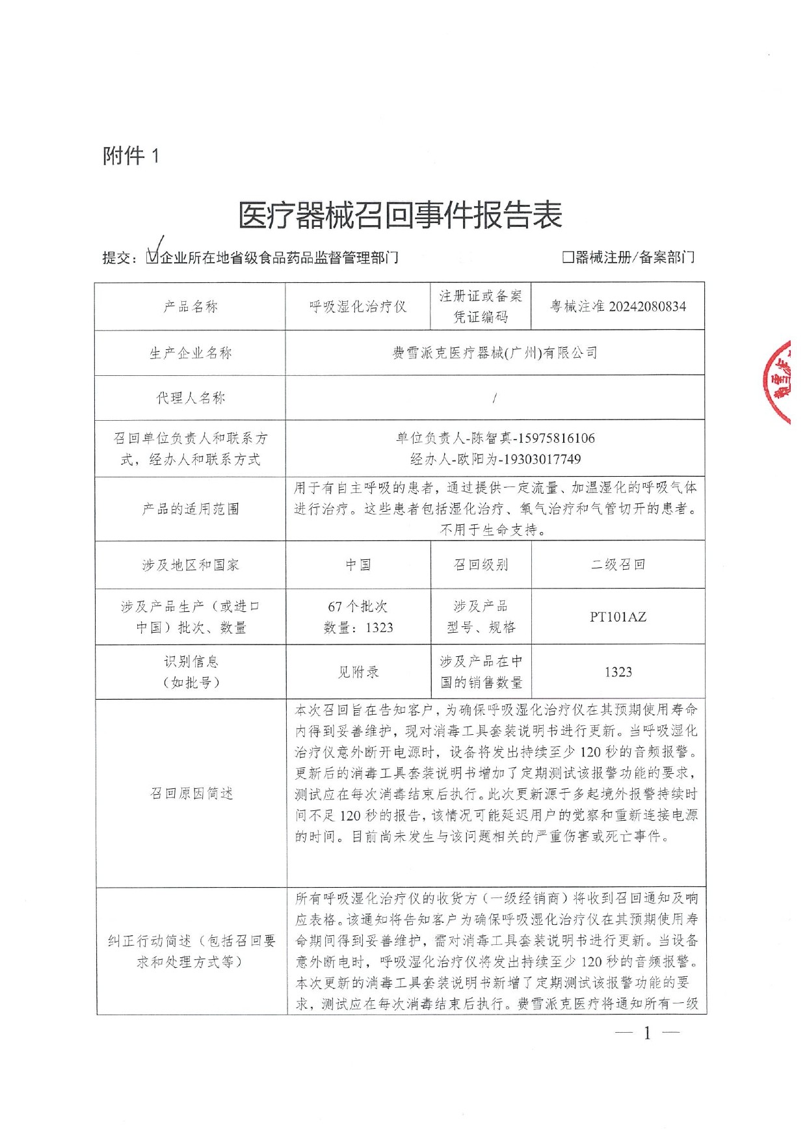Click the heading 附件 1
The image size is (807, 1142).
[x=131, y=156]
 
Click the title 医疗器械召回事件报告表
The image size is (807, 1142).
[x=400, y=215]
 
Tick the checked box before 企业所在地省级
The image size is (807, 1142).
[x=152, y=258]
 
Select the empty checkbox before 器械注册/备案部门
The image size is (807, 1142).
[x=568, y=258]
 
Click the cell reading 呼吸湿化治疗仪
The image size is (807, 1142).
[x=358, y=306]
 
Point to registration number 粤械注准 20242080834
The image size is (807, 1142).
[x=618, y=306]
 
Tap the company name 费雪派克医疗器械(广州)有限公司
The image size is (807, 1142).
[x=495, y=353]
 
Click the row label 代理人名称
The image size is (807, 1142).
[x=191, y=398]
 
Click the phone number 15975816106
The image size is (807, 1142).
[x=554, y=438]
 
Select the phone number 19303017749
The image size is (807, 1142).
[x=540, y=459]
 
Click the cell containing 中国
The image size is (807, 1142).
[x=358, y=565]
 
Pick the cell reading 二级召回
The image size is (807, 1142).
[x=618, y=565]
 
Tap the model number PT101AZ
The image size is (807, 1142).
[x=618, y=617]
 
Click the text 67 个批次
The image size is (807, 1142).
[x=358, y=606]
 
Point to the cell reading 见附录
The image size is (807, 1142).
[x=358, y=672]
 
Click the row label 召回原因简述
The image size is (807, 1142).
[x=191, y=793]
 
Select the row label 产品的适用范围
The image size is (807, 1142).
[x=191, y=509]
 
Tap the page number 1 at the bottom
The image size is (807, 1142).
[x=647, y=1033]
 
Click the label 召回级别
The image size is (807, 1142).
[x=481, y=565]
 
